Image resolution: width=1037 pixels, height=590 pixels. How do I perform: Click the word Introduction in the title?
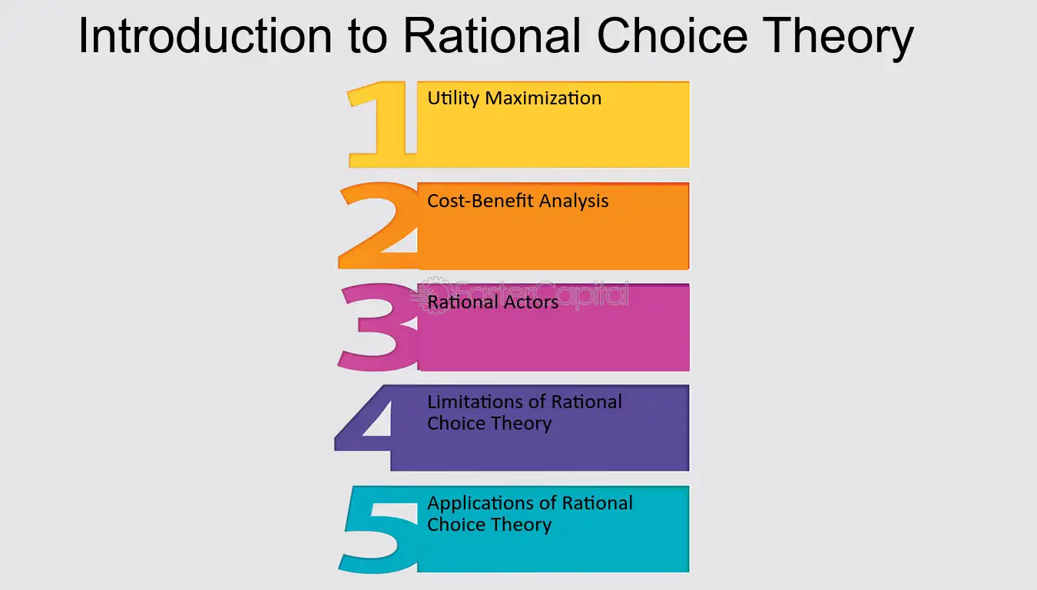coord(205,35)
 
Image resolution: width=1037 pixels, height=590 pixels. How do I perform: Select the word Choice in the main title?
coord(672,35)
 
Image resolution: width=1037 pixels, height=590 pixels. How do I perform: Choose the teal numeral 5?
coord(377,529)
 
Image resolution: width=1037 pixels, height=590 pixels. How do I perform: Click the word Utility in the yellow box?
coord(453,99)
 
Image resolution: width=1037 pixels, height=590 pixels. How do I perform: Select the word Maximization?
coord(543,98)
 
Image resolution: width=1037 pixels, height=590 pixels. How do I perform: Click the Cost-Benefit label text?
coord(480,201)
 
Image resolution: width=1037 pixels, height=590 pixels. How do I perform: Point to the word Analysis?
coord(574,201)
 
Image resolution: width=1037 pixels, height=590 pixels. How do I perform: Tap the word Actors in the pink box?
coord(531,302)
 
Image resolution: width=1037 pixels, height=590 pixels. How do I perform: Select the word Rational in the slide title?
coord(492,35)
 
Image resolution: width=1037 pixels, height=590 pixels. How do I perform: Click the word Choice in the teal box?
coord(456,525)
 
